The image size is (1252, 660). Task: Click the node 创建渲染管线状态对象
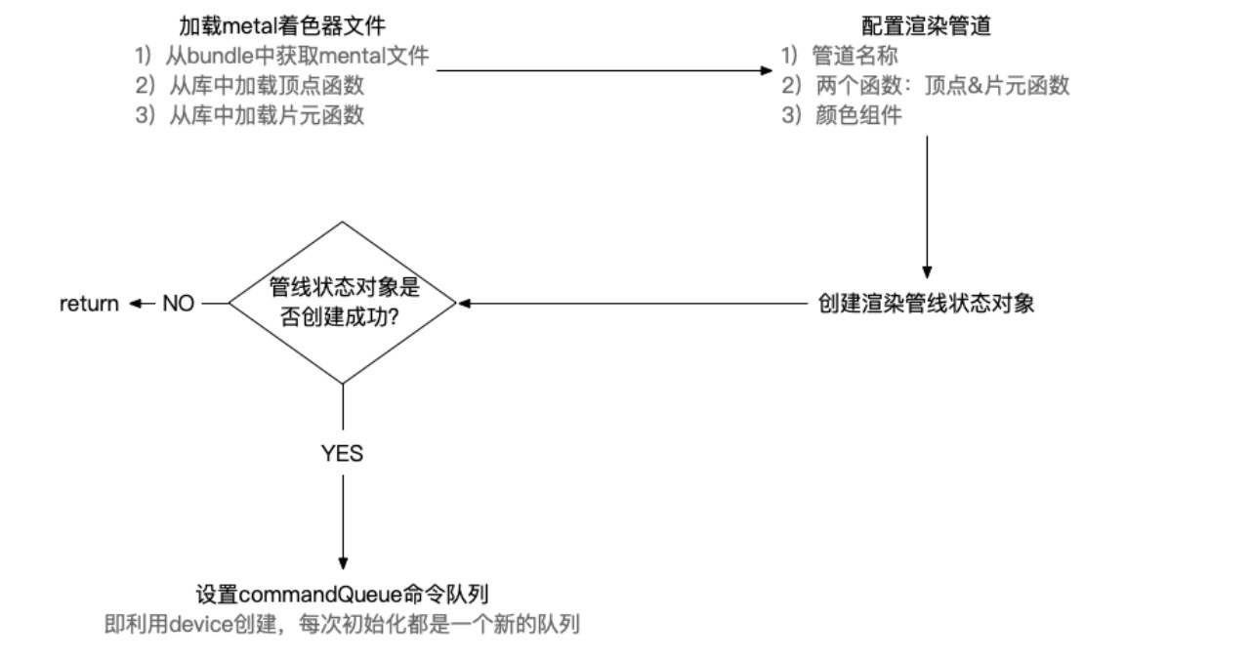(x=926, y=304)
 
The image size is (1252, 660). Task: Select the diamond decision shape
(x=342, y=303)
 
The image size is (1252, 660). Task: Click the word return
(x=89, y=304)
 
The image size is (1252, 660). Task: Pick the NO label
(x=179, y=304)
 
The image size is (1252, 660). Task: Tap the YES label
(x=342, y=453)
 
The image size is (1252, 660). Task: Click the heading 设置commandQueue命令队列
(x=342, y=594)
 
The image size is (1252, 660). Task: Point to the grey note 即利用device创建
(x=342, y=624)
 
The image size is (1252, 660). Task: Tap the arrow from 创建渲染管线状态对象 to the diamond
(x=635, y=304)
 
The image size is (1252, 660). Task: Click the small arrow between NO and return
(x=143, y=304)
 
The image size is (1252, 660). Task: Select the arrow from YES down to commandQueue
(x=342, y=517)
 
